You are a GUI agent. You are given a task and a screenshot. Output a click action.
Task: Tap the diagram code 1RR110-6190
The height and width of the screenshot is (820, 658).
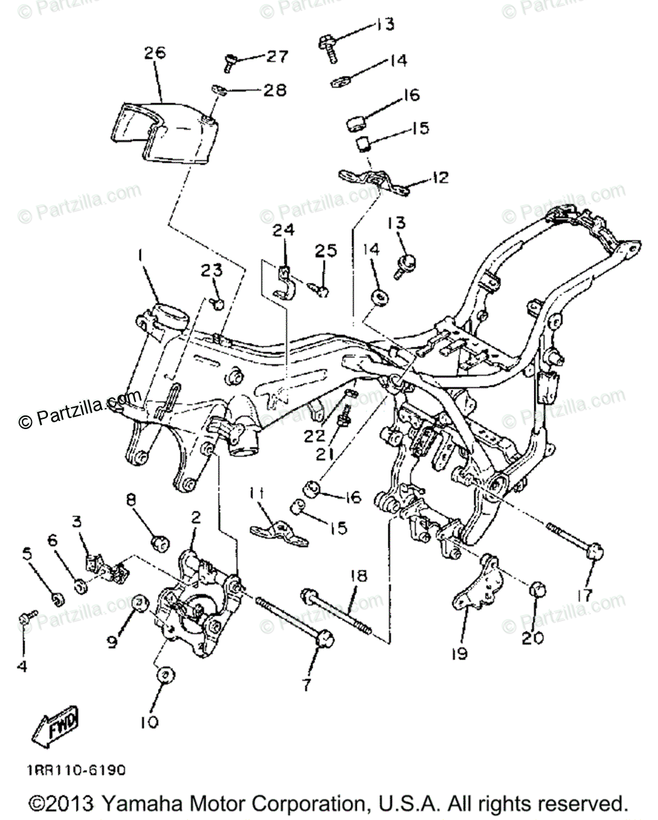coord(77,770)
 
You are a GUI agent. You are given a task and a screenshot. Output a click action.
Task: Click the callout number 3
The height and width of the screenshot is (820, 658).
coord(77,523)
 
